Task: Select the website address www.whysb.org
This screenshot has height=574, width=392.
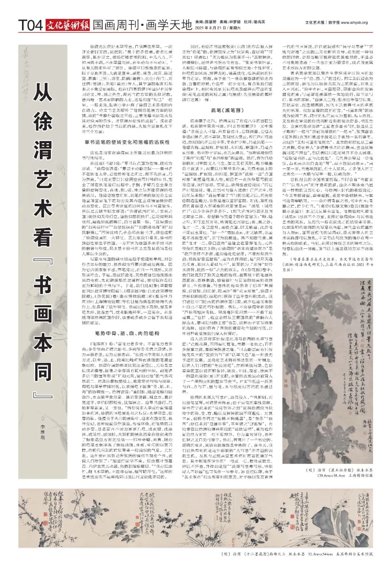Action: tap(354, 22)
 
